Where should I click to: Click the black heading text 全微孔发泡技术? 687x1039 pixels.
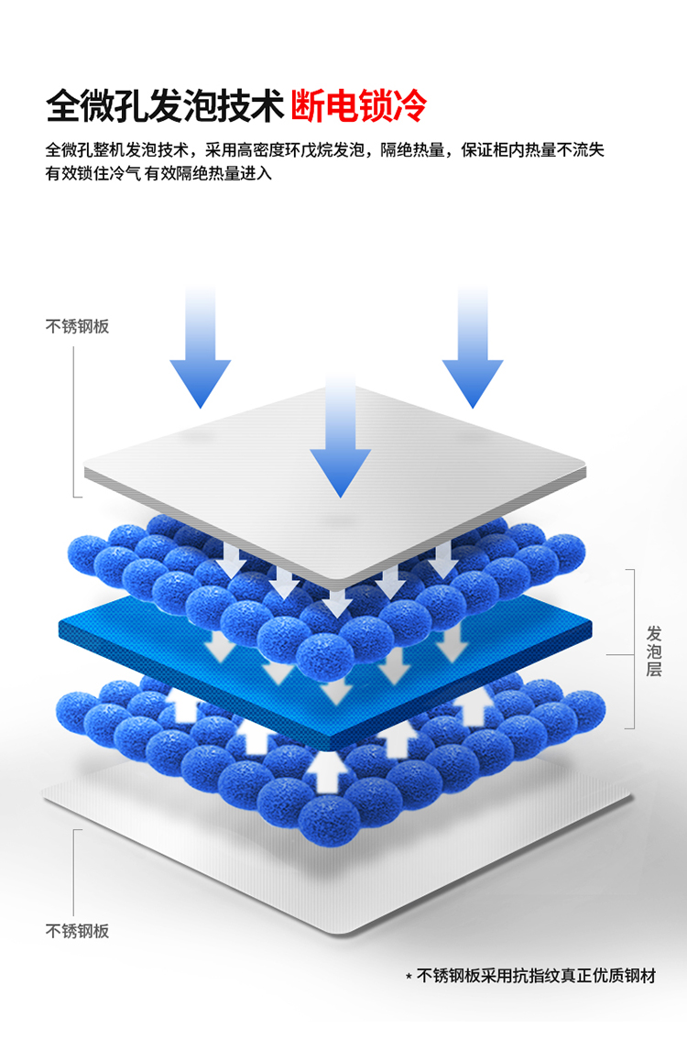click(165, 105)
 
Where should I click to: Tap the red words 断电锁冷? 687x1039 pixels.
click(359, 105)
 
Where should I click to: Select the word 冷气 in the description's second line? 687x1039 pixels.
click(124, 173)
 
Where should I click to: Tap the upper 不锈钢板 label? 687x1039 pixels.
click(77, 326)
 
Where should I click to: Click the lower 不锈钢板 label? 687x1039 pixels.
click(77, 931)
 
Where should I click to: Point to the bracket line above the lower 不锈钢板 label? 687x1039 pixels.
click(74, 870)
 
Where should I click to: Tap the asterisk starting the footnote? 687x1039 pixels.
click(409, 978)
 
